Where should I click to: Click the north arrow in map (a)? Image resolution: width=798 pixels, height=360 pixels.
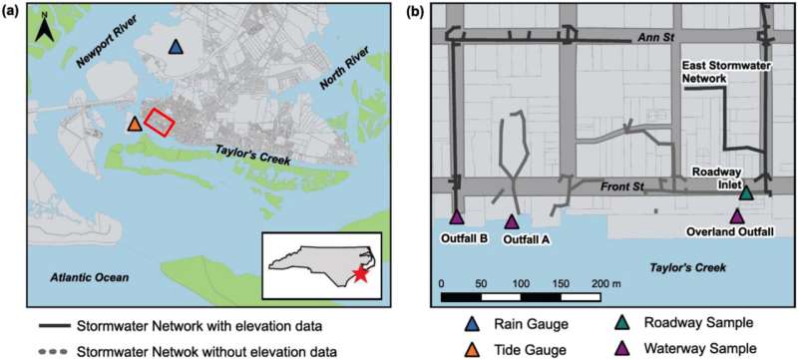coord(43,32)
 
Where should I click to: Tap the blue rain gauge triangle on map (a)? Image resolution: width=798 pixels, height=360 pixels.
coord(176,48)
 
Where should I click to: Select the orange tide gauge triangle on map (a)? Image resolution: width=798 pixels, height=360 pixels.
coord(134,126)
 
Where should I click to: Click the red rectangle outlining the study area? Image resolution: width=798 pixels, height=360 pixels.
coord(160,122)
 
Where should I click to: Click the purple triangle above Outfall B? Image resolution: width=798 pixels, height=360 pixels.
coord(457,217)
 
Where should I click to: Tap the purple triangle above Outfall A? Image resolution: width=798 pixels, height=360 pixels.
coord(512,221)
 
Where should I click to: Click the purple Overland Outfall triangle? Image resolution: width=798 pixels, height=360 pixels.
coord(737,215)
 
